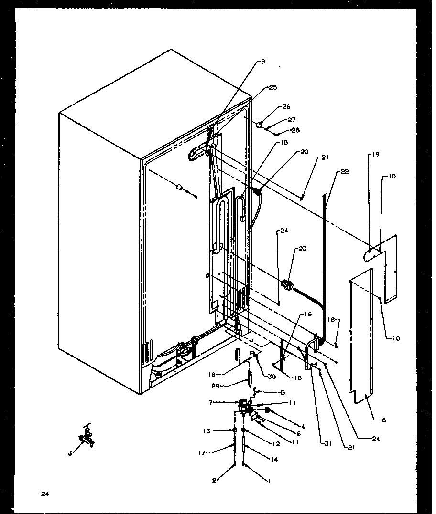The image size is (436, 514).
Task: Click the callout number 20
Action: (305, 152)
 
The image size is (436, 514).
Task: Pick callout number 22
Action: (346, 172)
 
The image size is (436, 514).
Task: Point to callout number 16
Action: (307, 315)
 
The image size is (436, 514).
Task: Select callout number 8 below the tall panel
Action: (384, 420)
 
